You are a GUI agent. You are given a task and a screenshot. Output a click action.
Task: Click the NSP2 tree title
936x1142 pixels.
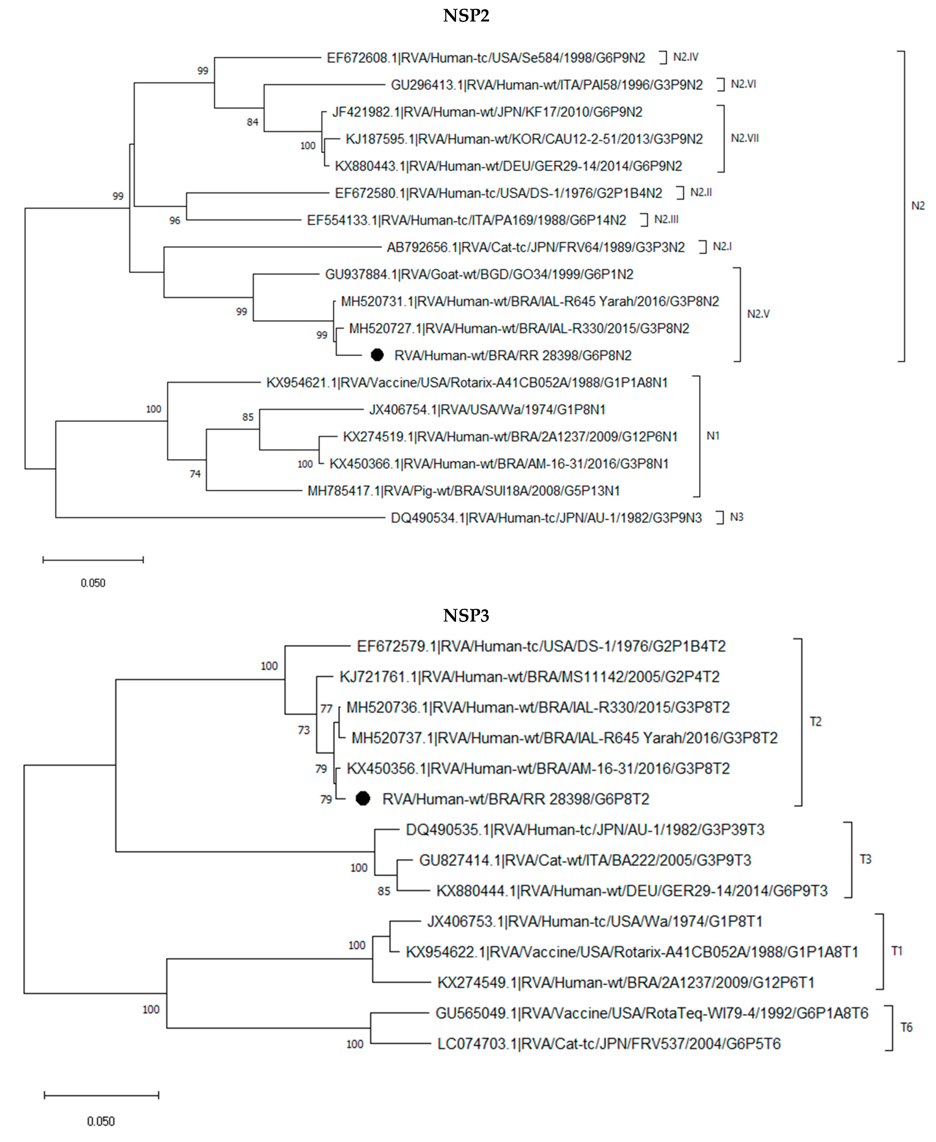tap(466, 16)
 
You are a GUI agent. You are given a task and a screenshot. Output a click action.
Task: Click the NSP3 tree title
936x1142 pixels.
tap(466, 615)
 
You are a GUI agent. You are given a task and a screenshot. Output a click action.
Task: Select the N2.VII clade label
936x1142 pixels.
tap(745, 138)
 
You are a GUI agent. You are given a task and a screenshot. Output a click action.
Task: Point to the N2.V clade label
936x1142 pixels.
tap(758, 314)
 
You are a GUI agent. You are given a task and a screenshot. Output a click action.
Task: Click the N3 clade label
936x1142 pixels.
tap(737, 517)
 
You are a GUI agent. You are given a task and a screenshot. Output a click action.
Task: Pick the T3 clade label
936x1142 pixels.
tap(865, 860)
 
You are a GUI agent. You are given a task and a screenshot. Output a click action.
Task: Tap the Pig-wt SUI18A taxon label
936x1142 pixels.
tap(464, 491)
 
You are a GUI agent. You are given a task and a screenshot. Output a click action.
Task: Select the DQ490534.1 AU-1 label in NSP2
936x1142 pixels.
tap(546, 518)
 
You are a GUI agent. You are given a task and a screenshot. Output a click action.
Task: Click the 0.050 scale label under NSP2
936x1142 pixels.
tap(93, 583)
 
